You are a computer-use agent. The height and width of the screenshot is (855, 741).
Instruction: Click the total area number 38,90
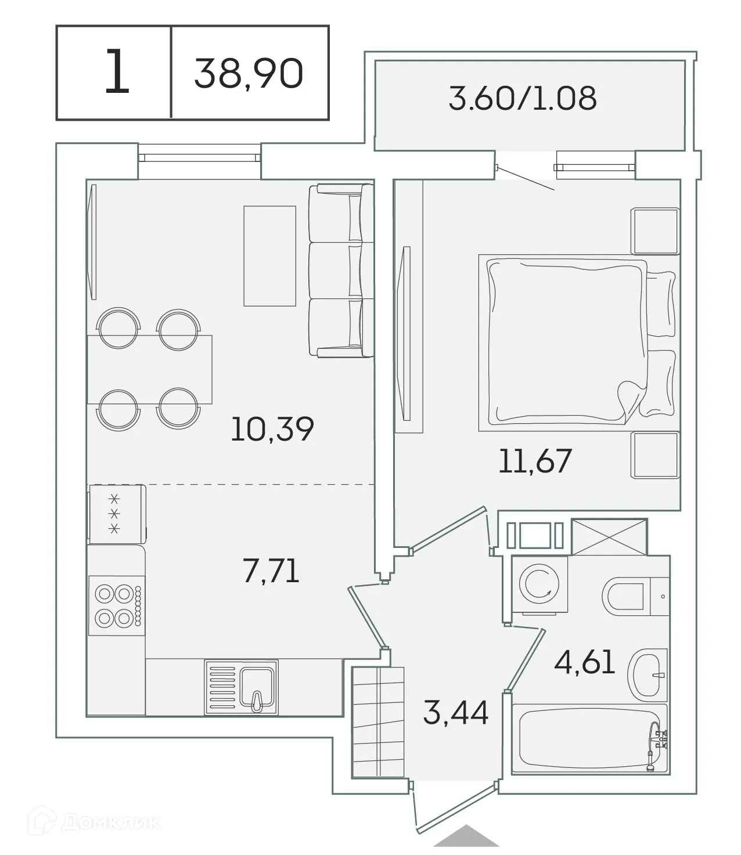point(249,74)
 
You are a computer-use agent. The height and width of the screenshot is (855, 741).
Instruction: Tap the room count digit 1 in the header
point(116,73)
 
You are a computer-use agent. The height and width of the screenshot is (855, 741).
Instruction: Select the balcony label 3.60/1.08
point(522,98)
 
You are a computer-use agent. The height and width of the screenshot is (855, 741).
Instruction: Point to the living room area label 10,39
point(272,429)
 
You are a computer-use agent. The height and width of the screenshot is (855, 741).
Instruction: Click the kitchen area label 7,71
point(271,571)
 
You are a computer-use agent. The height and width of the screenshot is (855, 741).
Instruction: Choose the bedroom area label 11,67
point(535,461)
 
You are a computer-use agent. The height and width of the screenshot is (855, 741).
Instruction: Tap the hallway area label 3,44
point(455,712)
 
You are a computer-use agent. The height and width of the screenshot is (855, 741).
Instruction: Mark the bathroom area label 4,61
point(584,662)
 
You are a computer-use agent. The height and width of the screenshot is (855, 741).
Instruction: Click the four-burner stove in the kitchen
point(116,605)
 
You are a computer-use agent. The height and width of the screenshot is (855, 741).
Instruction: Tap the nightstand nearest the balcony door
point(656,231)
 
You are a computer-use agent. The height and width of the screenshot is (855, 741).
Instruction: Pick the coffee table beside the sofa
point(269,255)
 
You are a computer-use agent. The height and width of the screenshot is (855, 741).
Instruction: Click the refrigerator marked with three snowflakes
point(116,514)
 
